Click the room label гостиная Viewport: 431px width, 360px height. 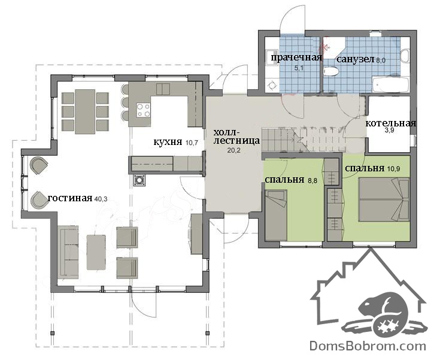click(70, 198)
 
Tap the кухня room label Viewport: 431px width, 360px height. click(168, 142)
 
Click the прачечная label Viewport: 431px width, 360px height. click(296, 58)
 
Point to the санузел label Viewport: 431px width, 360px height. click(356, 59)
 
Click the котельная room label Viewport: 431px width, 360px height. click(390, 123)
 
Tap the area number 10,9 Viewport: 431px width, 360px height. click(394, 169)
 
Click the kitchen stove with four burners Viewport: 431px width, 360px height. click(144, 110)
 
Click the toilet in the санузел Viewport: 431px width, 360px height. click(331, 72)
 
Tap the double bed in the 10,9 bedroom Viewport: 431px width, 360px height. click(384, 199)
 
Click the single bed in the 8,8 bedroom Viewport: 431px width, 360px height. click(276, 215)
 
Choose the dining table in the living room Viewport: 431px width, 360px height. click(85, 111)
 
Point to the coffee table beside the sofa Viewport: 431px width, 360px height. click(96, 252)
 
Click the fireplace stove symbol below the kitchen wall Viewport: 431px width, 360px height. click(139, 180)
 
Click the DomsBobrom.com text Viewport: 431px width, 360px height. click(368, 346)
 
